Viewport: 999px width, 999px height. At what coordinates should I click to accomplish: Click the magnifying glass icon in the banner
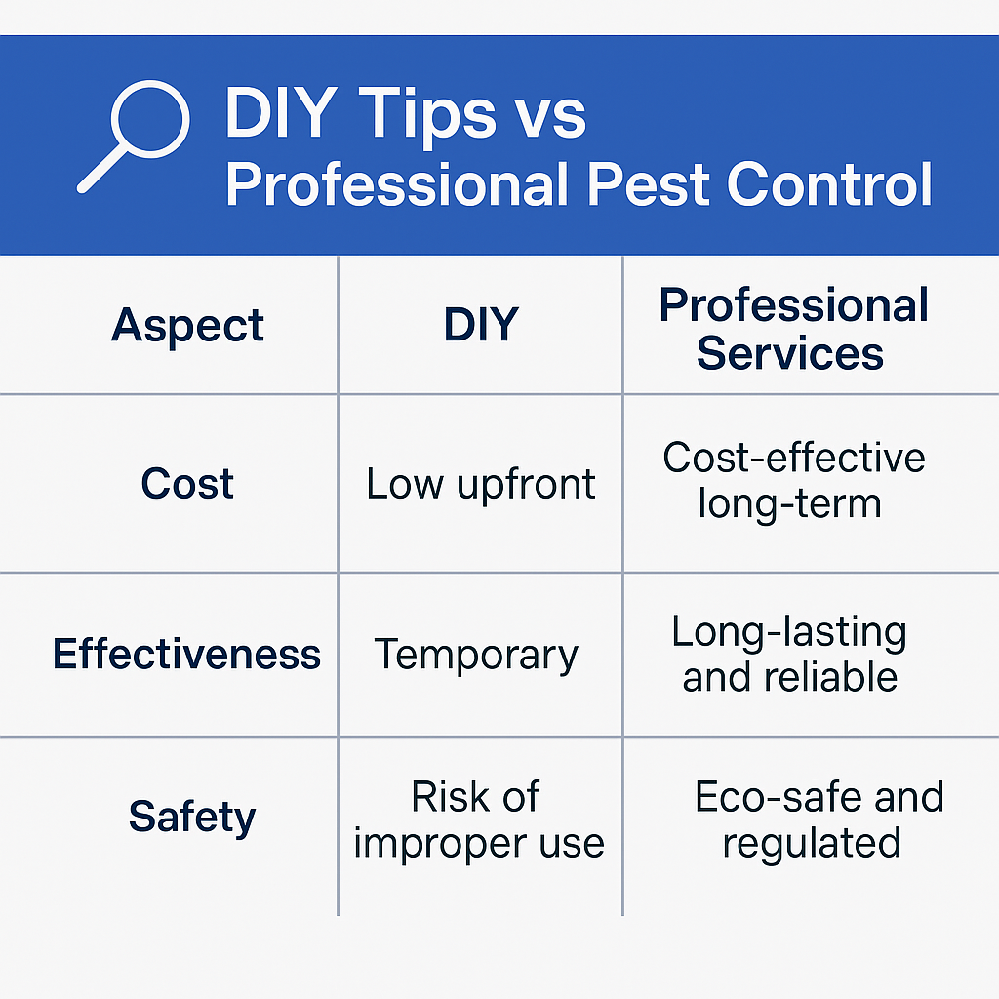150,120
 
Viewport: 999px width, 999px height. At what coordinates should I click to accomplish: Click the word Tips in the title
427,114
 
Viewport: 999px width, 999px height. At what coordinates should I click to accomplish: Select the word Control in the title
829,184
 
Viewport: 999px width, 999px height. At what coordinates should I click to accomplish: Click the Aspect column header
187,326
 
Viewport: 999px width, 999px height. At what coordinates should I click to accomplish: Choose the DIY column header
481,324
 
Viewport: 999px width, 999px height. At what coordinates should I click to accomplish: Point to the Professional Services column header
793,329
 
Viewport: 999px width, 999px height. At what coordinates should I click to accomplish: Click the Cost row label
187,483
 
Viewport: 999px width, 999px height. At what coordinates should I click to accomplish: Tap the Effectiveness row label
186,654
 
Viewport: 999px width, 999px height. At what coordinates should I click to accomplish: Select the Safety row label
192,817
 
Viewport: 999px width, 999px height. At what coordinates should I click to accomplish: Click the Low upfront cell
480,484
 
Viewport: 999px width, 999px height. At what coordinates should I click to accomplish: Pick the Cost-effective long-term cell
793,480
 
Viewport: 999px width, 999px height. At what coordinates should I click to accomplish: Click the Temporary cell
476,655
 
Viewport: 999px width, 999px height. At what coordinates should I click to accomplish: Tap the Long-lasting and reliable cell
789,654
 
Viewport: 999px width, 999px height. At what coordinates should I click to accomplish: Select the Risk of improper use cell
478,819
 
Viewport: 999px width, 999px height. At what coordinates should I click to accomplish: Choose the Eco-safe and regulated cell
819,819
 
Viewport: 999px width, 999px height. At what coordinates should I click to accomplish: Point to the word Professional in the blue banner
397,184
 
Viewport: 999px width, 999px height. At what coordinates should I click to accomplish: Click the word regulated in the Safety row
812,844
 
